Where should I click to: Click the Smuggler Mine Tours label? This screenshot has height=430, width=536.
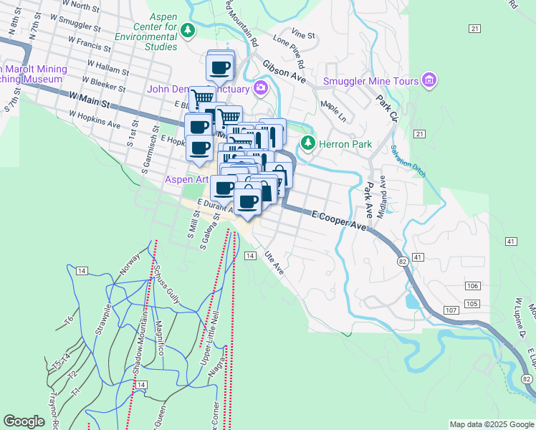click(x=370, y=81)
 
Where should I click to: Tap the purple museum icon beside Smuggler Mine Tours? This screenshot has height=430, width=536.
click(x=429, y=80)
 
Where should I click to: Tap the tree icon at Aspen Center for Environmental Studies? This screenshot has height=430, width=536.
click(x=187, y=30)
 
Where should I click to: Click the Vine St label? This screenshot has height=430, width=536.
click(x=303, y=35)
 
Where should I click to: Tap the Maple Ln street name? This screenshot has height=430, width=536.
click(x=333, y=110)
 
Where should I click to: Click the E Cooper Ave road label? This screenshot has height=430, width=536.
click(x=339, y=219)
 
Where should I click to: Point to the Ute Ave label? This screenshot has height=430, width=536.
click(x=274, y=262)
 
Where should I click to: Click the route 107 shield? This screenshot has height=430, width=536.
click(x=450, y=310)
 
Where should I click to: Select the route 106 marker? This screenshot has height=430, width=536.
click(x=471, y=286)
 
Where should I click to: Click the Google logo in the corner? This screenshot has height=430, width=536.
click(x=24, y=421)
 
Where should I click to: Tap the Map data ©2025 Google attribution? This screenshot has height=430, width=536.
click(x=492, y=424)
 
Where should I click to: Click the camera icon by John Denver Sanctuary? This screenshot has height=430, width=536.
click(x=260, y=89)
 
